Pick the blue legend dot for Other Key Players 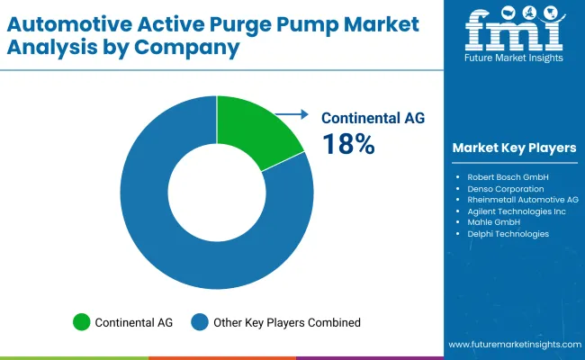(x=201, y=321)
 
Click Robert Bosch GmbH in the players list (x=508, y=176)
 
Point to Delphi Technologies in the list (x=508, y=234)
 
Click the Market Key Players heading (x=514, y=147)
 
